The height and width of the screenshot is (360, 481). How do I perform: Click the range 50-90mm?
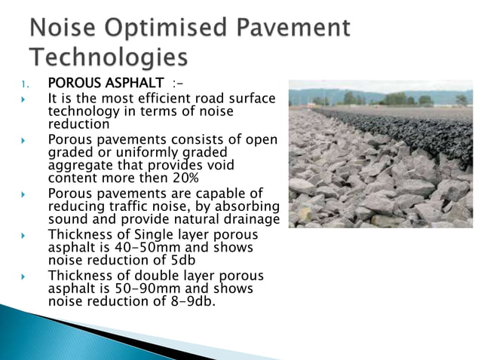[133, 289]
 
